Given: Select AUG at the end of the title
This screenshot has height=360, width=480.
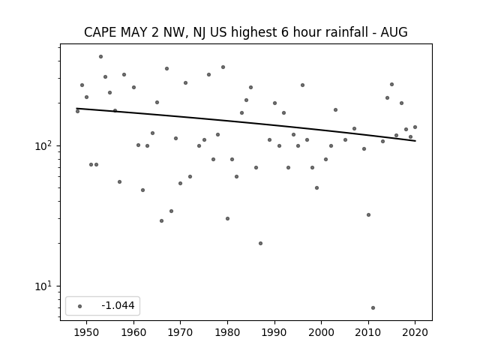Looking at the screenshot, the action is [394, 32].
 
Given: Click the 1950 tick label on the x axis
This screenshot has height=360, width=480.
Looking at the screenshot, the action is [86, 332].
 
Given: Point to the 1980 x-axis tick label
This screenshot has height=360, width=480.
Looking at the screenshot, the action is [227, 332].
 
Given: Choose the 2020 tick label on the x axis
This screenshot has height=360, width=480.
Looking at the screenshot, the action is [415, 332].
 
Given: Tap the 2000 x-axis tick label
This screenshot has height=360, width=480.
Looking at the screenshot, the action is [322, 332].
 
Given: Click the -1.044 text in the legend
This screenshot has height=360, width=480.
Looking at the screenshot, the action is [118, 305].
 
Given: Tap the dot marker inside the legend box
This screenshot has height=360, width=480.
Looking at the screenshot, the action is [79, 306].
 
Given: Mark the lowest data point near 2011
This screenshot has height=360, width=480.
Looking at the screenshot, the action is [373, 307].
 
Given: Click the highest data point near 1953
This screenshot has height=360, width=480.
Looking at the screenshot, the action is [100, 57].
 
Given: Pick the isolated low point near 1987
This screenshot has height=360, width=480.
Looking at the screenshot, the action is [260, 243].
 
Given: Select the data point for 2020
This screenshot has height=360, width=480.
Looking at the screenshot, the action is [415, 127].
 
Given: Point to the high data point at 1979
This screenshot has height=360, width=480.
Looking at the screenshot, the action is [223, 67].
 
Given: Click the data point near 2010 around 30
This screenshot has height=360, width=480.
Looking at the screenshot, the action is [368, 215].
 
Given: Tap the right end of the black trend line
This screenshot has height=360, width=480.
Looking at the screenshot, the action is [415, 141].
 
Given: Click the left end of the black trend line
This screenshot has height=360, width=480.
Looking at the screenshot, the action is [76, 108].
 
